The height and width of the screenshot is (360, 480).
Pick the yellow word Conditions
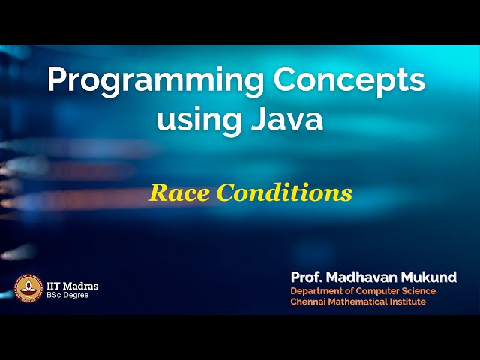tap(284, 193)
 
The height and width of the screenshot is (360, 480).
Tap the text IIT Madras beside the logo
tap(72, 286)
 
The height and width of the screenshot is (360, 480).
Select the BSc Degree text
tap(67, 295)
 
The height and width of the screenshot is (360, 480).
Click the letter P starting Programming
tap(55, 79)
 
